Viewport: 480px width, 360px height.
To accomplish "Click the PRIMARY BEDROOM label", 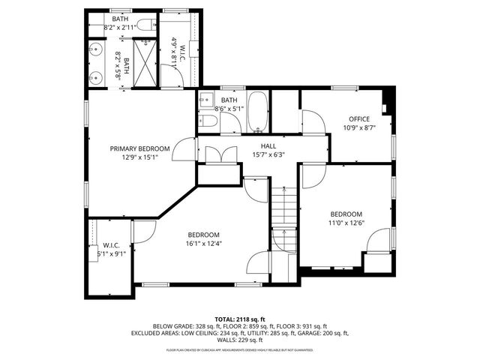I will pyautogui.click(x=139, y=148).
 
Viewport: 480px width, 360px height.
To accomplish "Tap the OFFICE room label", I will pyautogui.click(x=359, y=119).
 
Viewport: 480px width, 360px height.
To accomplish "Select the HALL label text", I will pyautogui.click(x=268, y=146).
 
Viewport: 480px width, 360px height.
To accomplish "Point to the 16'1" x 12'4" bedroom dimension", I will pyautogui.click(x=203, y=243).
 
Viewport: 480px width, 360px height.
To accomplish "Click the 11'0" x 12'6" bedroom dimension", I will pyautogui.click(x=346, y=223).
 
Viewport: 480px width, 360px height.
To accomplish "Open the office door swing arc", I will pyautogui.click(x=313, y=122).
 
